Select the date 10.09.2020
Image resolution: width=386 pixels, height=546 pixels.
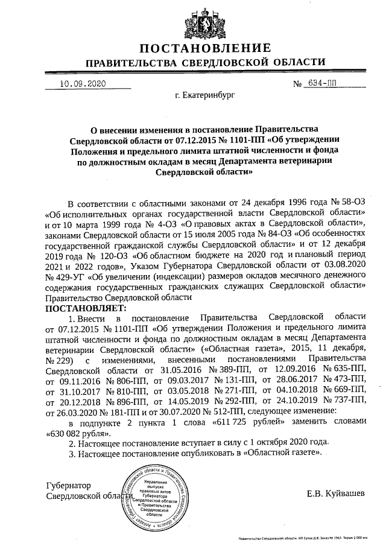[x=83, y=84]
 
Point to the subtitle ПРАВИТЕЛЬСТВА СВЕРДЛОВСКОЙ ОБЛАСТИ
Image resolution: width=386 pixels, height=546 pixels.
[x=205, y=63]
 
